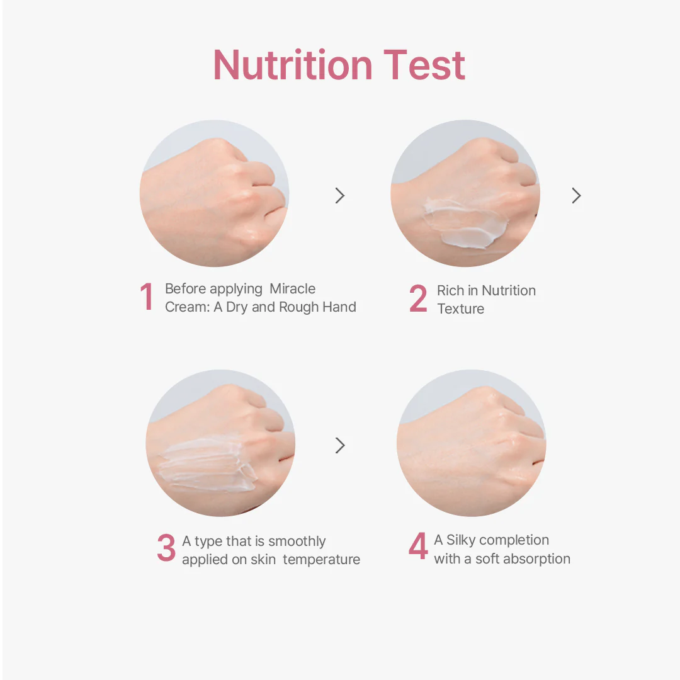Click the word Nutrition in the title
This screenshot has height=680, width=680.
(x=293, y=65)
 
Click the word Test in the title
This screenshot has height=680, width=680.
(x=424, y=65)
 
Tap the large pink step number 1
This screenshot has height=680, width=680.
(x=147, y=297)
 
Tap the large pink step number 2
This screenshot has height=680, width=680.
(x=418, y=298)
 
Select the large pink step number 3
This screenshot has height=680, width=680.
(x=166, y=548)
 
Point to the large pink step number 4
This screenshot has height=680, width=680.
(x=418, y=546)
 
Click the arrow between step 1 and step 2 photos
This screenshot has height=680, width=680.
(x=340, y=196)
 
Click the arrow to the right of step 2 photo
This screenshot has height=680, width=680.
(x=576, y=196)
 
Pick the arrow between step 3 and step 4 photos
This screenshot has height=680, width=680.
(x=340, y=445)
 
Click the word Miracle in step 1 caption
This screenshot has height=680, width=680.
(x=292, y=289)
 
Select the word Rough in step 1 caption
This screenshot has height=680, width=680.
(x=299, y=307)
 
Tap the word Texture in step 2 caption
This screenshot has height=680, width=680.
(x=460, y=309)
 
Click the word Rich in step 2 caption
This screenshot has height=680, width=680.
(x=450, y=290)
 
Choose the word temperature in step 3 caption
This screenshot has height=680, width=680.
(x=321, y=560)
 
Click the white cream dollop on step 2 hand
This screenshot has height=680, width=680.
(x=466, y=224)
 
